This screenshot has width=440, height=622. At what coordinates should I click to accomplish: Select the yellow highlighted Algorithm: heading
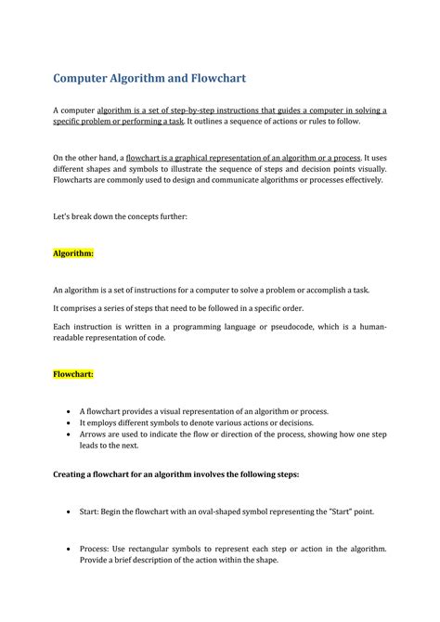point(72,252)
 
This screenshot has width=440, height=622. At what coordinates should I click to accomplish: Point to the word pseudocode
point(268,327)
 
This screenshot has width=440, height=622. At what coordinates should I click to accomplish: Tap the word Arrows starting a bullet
point(96,434)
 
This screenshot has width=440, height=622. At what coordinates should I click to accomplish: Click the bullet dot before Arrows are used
point(70,434)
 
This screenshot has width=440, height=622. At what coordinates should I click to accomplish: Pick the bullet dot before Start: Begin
point(70,511)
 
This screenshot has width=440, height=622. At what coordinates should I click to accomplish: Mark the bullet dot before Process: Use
point(70,549)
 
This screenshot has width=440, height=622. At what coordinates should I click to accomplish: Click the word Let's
point(64,217)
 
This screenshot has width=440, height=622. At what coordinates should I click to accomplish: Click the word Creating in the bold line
point(74,473)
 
